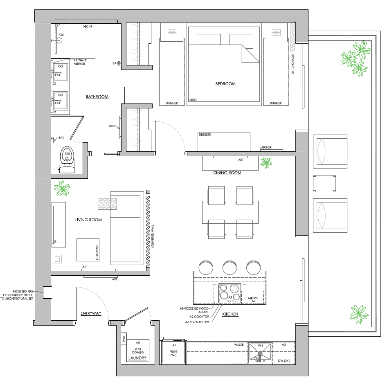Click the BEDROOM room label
(x=225, y=84)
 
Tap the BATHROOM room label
(x=97, y=97)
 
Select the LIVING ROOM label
(x=88, y=220)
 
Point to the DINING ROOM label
(x=227, y=173)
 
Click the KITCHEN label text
(x=230, y=315)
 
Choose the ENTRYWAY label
(x=90, y=313)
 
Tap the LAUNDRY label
(x=137, y=358)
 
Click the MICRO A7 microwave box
(x=252, y=299)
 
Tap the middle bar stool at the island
(x=230, y=267)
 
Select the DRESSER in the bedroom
(x=224, y=142)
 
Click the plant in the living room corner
(x=63, y=189)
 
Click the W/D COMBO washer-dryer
(x=137, y=350)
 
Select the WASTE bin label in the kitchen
(x=239, y=345)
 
